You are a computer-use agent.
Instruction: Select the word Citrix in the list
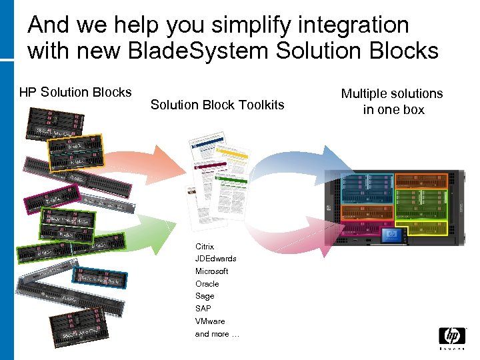tap(205, 246)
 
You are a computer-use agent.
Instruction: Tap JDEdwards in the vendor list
tap(215, 259)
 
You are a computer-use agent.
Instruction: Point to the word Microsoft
tap(211, 271)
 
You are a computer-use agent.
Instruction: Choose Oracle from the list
tap(207, 284)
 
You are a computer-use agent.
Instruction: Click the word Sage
tap(205, 296)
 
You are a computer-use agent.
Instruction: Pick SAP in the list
tap(203, 309)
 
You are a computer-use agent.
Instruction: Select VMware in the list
tap(210, 321)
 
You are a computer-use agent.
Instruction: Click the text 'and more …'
tap(217, 334)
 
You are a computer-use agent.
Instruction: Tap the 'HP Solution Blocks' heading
tap(75, 92)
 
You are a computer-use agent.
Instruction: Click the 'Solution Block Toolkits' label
tap(217, 105)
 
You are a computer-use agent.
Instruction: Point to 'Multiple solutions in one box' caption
tap(393, 101)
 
